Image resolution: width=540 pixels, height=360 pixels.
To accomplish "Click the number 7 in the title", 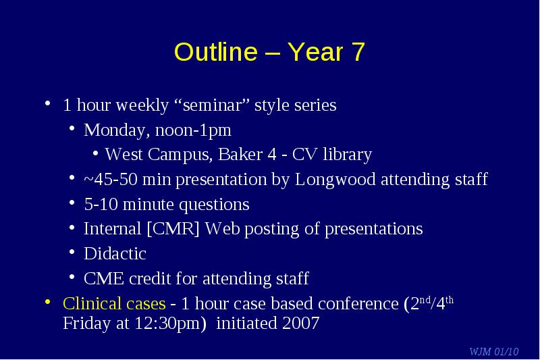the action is pos(358,52).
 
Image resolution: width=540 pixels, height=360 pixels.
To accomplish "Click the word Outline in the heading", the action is pos(216,52).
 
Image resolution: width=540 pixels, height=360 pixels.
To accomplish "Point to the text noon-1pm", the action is pos(193,130).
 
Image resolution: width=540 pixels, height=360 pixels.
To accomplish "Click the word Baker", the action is pos(240,154).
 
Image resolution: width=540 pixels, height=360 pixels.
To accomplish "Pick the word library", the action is pos(347,155).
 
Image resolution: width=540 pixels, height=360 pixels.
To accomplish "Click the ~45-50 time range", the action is pos(111,179).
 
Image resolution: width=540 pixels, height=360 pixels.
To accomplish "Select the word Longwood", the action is pos(335,180).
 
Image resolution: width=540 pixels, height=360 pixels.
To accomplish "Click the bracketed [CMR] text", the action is pos(173,229).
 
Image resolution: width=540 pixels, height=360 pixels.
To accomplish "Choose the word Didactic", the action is pos(115,254).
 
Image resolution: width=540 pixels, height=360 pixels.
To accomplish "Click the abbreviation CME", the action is pos(104,278).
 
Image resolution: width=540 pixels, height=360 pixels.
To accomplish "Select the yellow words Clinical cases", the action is pos(114,303).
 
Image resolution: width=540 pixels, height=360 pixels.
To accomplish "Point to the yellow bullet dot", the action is pos(48,302).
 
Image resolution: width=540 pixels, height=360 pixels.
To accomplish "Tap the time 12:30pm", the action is pos(167,324).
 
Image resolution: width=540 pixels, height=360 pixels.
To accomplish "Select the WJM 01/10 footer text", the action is pos(494,351).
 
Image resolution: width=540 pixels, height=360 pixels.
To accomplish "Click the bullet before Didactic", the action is pos(72,252).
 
